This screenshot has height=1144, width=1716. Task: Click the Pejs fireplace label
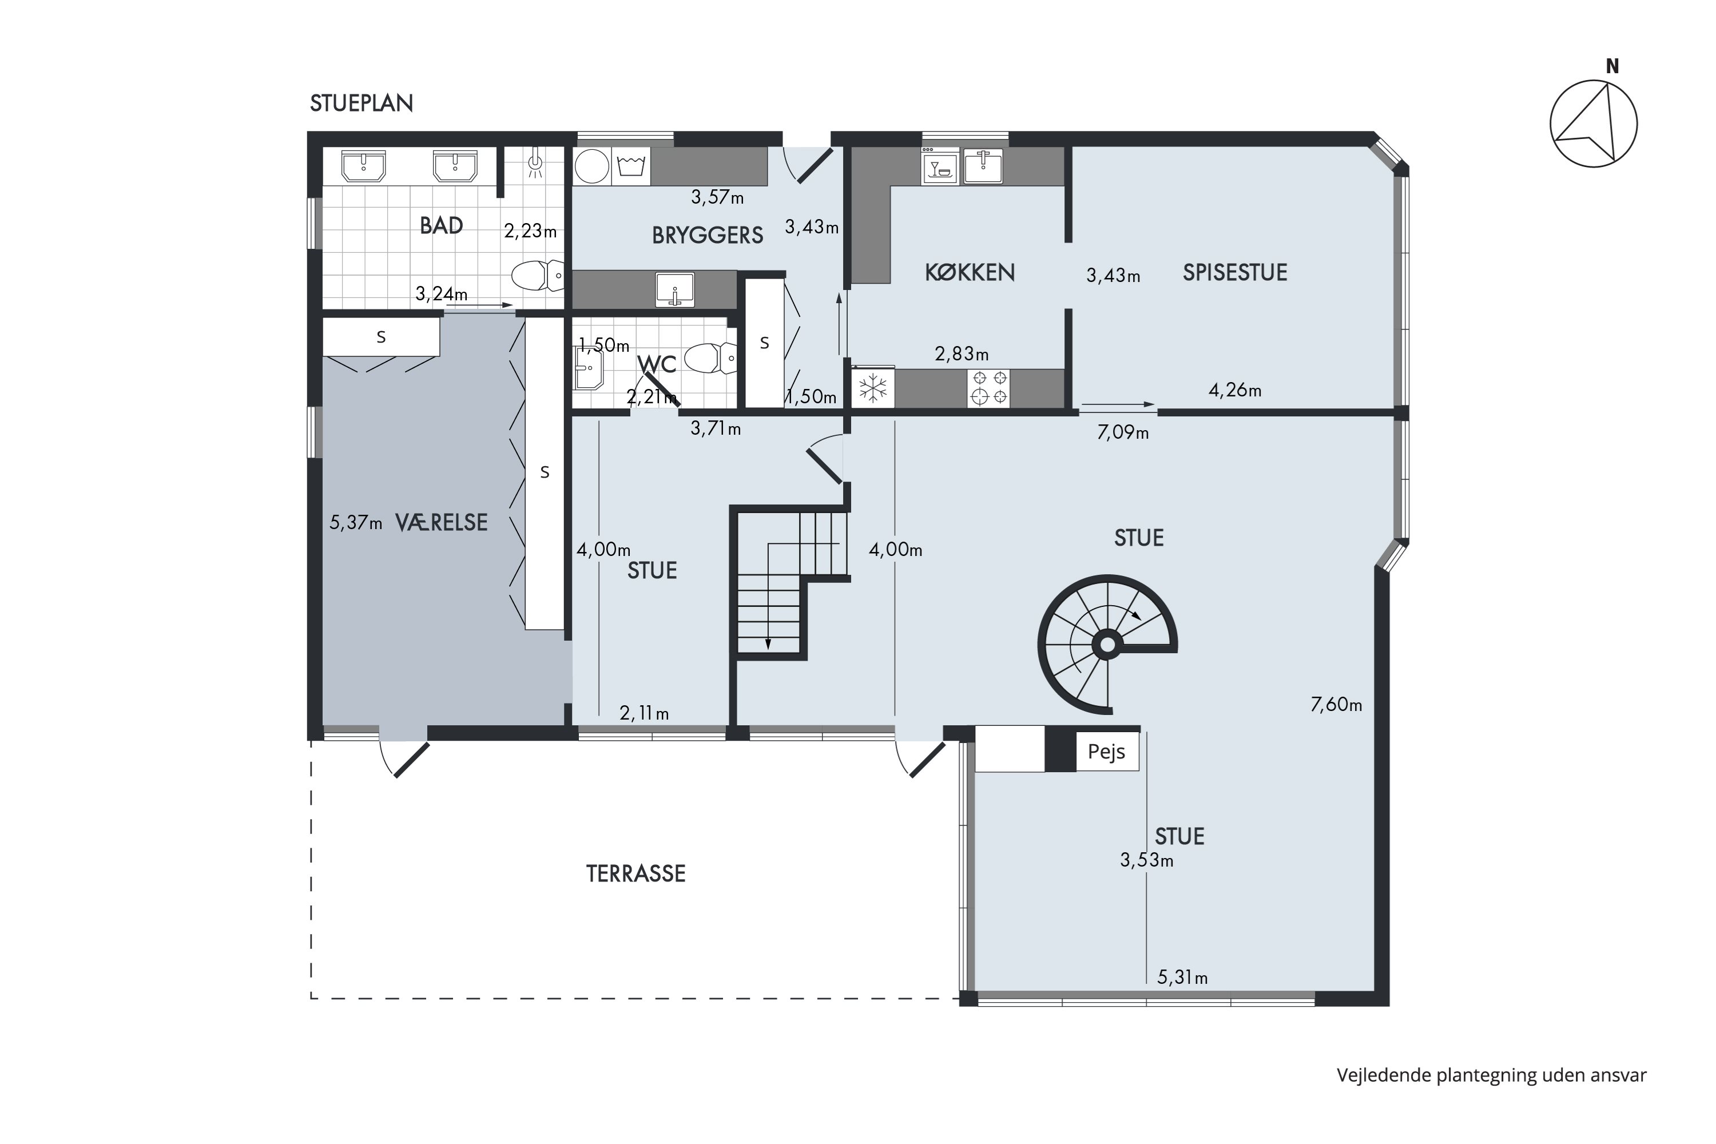[1106, 752]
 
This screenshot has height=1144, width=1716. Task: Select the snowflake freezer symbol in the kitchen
[873, 389]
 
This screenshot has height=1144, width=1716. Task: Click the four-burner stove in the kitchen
[990, 388]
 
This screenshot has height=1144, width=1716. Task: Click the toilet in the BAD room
[538, 275]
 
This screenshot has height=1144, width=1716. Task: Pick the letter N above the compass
[1612, 66]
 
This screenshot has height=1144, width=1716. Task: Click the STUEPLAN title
[361, 104]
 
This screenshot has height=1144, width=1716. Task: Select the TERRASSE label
[635, 873]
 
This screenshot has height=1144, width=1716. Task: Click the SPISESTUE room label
[1234, 272]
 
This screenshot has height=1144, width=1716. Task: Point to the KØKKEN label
[970, 272]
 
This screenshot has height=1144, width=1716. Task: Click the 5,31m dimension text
[1182, 977]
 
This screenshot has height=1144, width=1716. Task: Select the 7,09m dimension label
[1123, 432]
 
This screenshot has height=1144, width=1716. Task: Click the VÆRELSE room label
[442, 522]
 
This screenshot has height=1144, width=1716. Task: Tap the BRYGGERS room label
[707, 235]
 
